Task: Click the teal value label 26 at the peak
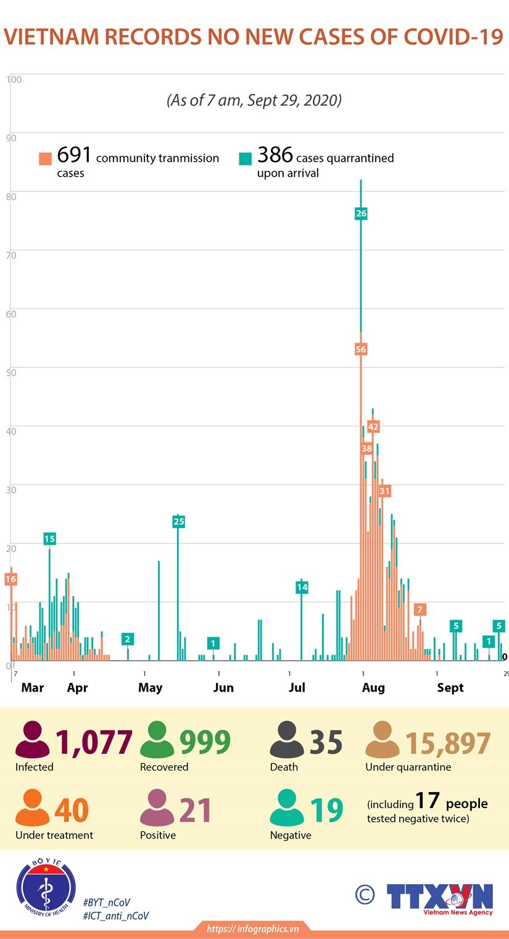point(361,213)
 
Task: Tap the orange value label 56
point(361,349)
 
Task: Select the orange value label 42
point(373,426)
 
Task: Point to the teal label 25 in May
point(178,522)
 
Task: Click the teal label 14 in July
point(302,587)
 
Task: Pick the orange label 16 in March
point(10,579)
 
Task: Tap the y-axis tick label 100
point(14,79)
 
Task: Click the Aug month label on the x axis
point(373,687)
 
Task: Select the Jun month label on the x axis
point(223,687)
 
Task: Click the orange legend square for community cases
point(45,159)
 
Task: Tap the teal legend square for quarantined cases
point(246,159)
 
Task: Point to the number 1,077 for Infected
point(94,743)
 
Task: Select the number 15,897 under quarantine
point(448,744)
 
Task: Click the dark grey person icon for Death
point(287,740)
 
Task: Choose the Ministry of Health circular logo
point(46,888)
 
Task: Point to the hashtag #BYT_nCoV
point(106,903)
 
